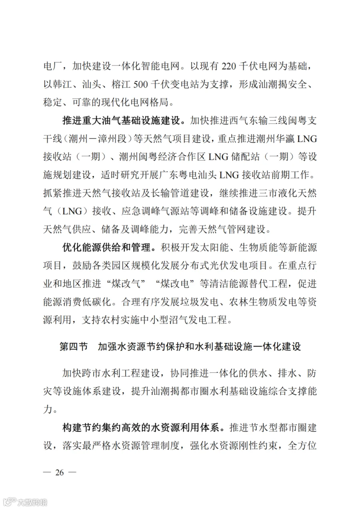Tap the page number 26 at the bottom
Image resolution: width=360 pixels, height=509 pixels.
pos(60,472)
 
